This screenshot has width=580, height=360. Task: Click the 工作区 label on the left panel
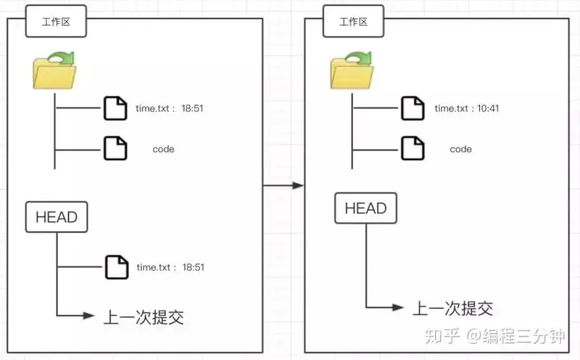pos(56,23)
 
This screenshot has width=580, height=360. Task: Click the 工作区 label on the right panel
pos(353,23)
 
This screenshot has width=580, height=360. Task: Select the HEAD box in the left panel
pos(56,217)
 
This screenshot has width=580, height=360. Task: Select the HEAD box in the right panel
pos(366,209)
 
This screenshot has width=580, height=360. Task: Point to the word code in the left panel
pos(164,149)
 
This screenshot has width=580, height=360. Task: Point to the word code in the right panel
pos(461,149)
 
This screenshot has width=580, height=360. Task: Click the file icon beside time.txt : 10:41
pos(413,108)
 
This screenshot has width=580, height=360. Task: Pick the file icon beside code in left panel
pos(116,148)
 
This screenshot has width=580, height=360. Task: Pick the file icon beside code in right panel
pos(413,148)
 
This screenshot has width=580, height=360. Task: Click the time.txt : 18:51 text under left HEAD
pos(169,267)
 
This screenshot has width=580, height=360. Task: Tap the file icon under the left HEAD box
pos(116,267)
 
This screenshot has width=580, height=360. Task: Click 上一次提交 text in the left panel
pos(143,317)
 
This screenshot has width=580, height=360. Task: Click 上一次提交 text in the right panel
pos(453,308)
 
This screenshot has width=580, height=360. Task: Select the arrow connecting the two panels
pos(284,185)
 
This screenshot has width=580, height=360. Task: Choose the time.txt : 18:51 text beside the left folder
pos(169,108)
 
